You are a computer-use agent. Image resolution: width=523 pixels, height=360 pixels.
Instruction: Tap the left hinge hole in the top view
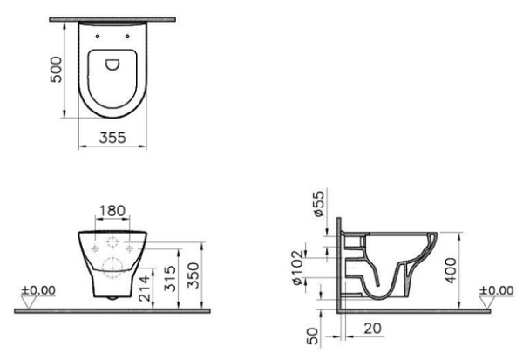[95, 36]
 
